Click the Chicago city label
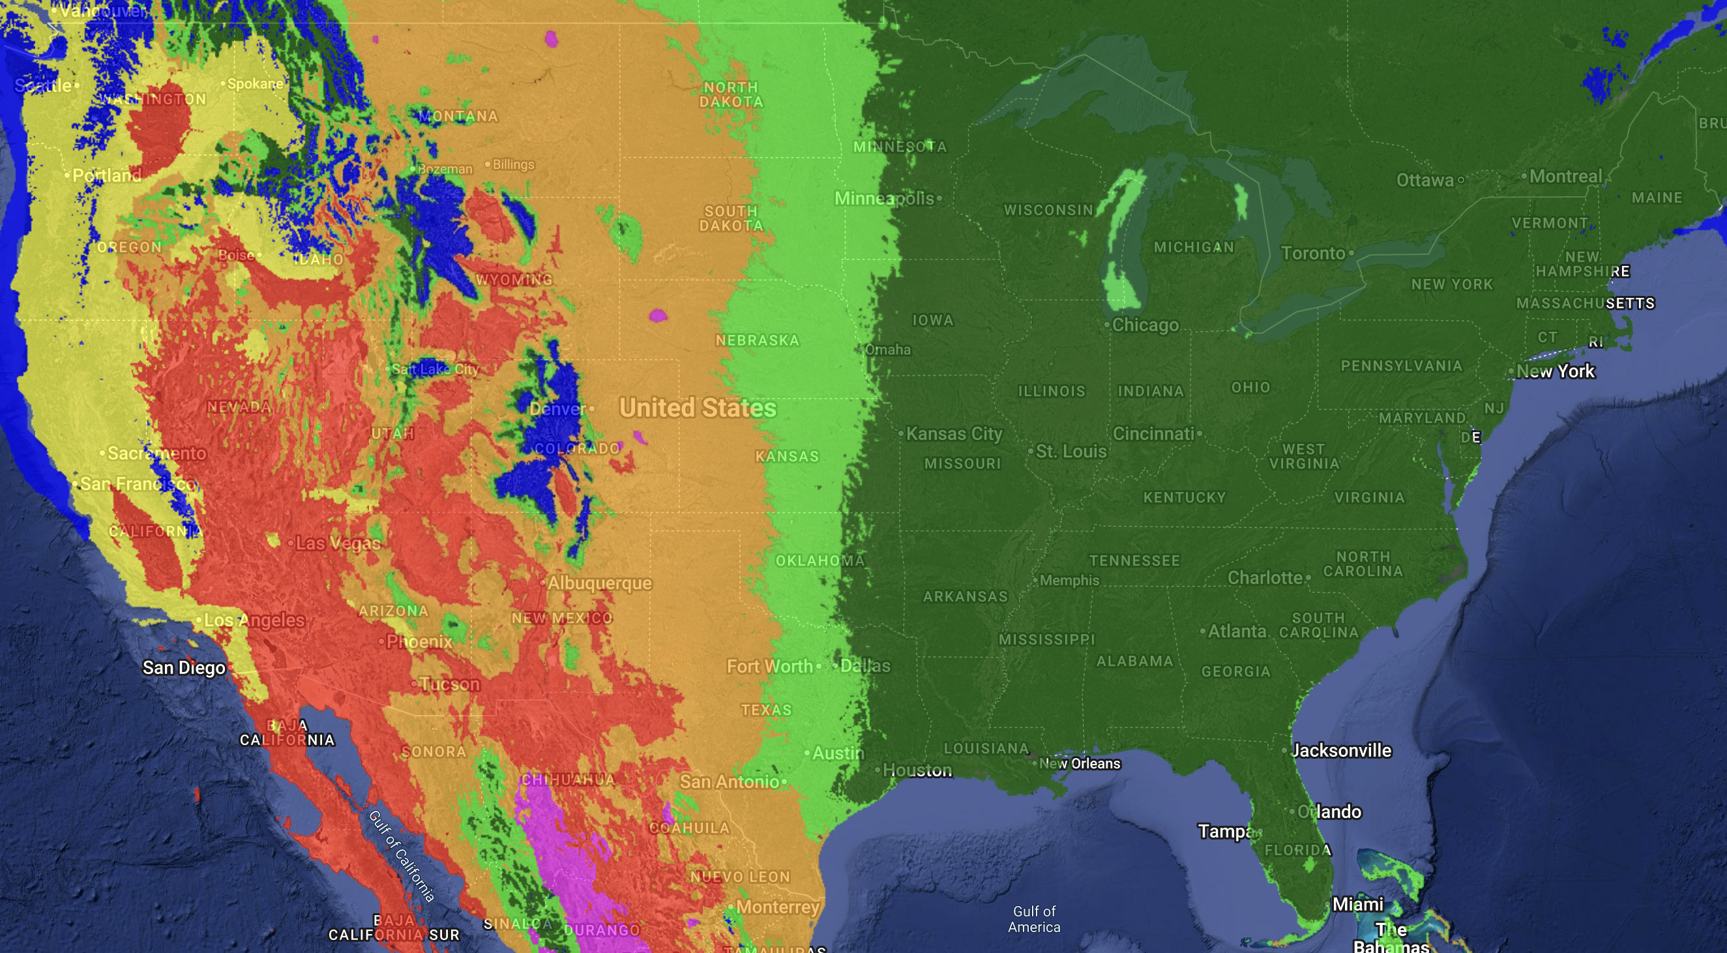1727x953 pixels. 1145,325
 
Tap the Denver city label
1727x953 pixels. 557,409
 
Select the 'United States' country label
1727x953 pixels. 697,407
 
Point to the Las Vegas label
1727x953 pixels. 338,543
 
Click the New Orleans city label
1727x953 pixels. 1080,763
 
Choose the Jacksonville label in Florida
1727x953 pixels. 1341,750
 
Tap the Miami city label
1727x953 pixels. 1357,904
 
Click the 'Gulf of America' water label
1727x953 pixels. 1034,919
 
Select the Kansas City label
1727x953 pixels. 953,433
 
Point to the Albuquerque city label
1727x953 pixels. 599,583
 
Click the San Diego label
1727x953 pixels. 184,667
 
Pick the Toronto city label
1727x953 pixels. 1312,254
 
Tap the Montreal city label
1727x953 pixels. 1565,176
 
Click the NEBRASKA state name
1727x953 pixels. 757,340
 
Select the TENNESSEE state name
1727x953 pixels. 1134,561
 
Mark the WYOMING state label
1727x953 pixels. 514,280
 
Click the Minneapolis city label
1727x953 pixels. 883,198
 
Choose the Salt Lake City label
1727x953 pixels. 434,369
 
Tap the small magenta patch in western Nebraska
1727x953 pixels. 658,315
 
